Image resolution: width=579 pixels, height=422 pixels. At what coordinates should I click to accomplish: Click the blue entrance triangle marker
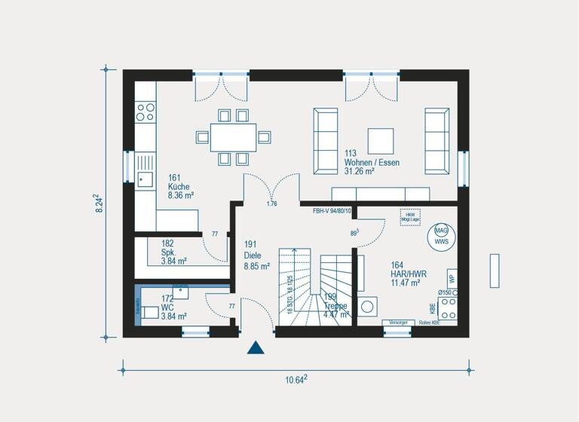[256, 347]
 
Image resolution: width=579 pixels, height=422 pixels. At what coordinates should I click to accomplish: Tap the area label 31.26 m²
[360, 171]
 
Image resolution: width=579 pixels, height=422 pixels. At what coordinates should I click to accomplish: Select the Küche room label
[179, 186]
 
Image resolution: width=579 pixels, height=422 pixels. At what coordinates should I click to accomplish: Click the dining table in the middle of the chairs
[232, 137]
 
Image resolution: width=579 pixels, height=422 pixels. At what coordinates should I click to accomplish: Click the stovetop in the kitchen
[145, 112]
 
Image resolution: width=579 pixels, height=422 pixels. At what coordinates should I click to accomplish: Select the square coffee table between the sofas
[380, 141]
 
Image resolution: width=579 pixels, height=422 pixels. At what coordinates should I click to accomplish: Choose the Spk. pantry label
[167, 252]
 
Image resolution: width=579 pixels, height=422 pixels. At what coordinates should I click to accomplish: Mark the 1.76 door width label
[271, 203]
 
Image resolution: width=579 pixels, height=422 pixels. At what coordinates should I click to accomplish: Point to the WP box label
[452, 277]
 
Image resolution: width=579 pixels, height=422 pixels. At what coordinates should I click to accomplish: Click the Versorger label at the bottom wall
[397, 323]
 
